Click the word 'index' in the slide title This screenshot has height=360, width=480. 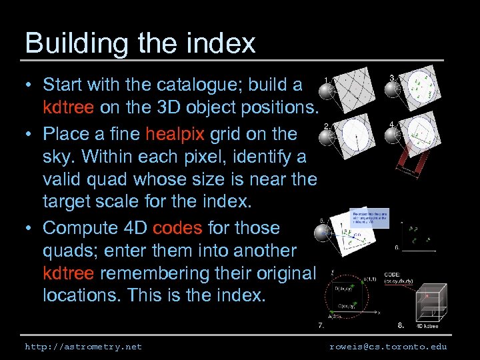point(220,43)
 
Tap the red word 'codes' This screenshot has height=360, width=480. point(177,227)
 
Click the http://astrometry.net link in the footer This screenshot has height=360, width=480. point(83,347)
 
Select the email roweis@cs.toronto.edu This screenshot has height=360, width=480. point(388,347)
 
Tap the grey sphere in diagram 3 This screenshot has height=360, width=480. point(395,89)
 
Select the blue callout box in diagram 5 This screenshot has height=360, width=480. point(368,219)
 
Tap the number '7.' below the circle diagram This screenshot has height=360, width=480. point(321,326)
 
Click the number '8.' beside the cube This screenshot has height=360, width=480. point(400,325)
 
